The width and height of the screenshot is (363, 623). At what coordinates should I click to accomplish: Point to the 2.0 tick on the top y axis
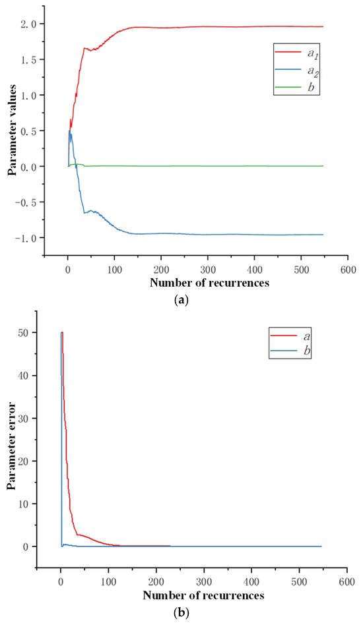[x=31, y=24]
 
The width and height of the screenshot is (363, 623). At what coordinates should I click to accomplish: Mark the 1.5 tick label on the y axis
[x=31, y=60]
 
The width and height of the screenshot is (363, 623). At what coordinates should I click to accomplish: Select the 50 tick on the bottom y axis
[x=33, y=333]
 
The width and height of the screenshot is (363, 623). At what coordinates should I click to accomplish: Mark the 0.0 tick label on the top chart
[x=31, y=166]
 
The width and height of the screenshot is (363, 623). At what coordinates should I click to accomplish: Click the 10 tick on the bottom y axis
[x=33, y=504]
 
